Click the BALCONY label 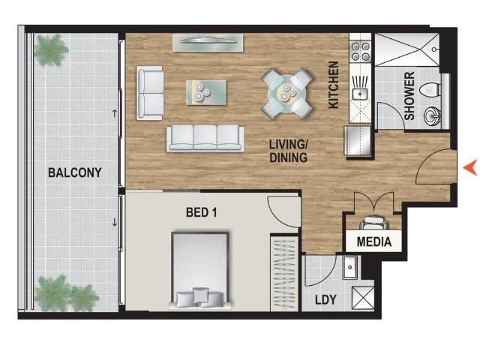point(74,172)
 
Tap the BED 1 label point(201,213)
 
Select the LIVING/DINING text point(288,150)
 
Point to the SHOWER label point(409,96)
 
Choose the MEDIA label point(373,242)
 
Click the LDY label point(325,300)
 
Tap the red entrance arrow point(470,168)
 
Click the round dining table point(286,93)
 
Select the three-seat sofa point(205,137)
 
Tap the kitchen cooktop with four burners point(361,50)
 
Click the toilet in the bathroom point(430,90)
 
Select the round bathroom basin point(433,116)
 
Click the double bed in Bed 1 point(199,270)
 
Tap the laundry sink point(349,266)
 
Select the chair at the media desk point(373,223)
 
